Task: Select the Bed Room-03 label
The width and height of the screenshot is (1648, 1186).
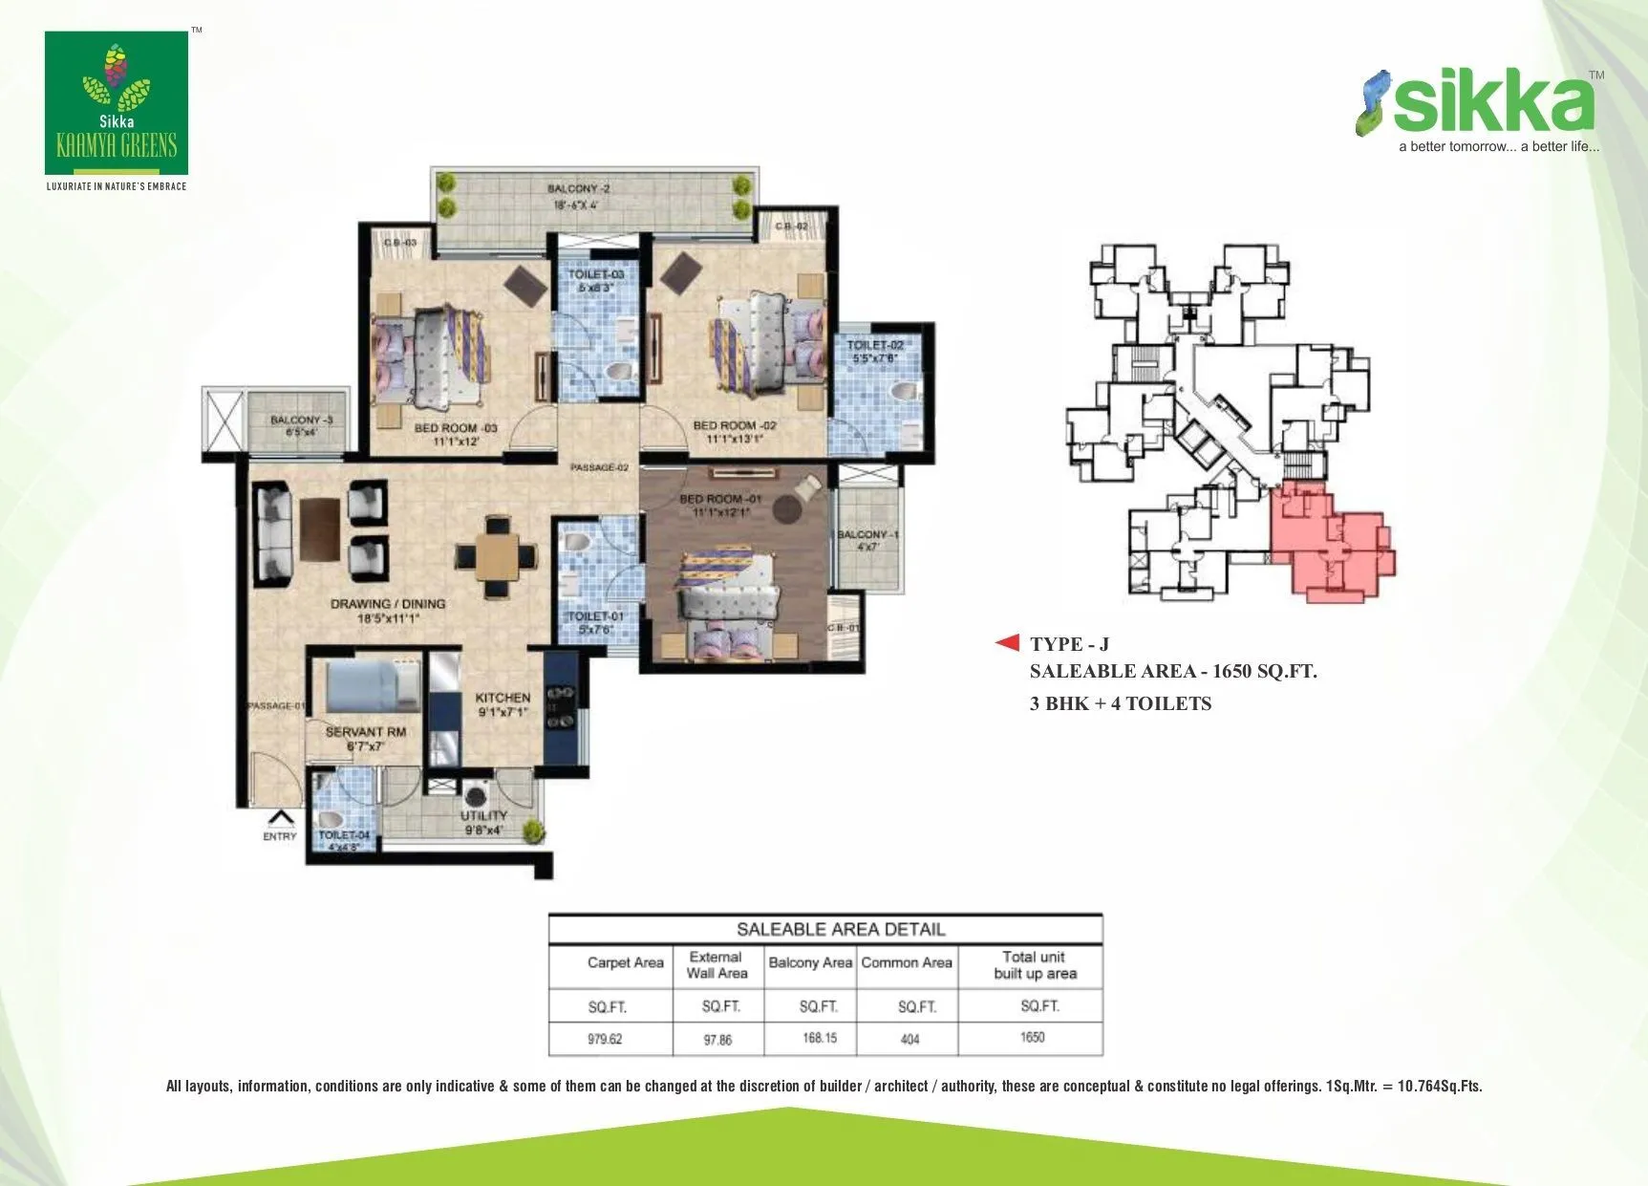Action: click(455, 434)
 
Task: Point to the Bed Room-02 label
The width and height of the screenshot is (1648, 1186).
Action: click(734, 432)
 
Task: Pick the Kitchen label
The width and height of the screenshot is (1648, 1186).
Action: click(503, 704)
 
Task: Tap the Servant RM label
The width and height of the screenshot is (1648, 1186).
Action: click(365, 738)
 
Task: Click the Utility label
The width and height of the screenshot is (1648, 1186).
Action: click(483, 822)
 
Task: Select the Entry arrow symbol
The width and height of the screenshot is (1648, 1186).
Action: click(280, 818)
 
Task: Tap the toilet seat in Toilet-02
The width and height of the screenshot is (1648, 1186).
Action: click(903, 392)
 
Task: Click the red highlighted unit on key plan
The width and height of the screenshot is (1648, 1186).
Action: click(1332, 540)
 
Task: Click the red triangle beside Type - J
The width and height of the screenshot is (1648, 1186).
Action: click(1007, 643)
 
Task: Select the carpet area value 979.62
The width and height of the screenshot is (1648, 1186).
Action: click(605, 1039)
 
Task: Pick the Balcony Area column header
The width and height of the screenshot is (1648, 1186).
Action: click(810, 963)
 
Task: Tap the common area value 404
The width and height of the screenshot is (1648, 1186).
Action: click(910, 1039)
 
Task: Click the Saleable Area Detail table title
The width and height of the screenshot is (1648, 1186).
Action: click(841, 929)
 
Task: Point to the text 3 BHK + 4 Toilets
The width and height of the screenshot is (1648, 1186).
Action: click(1120, 704)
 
